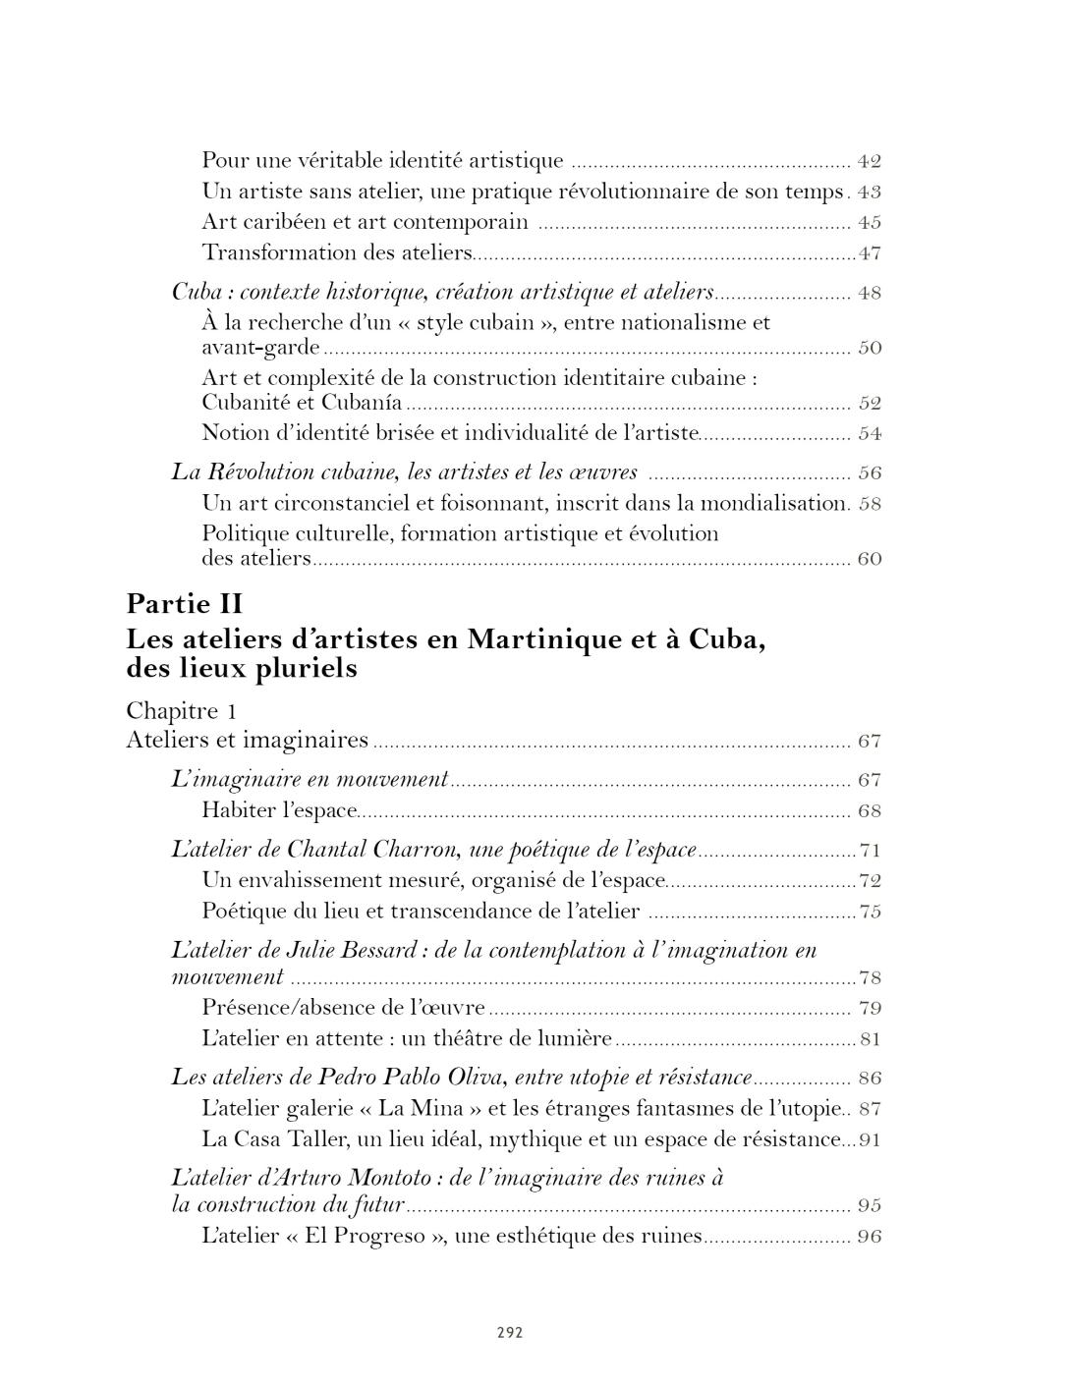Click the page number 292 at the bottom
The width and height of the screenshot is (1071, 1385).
509,1333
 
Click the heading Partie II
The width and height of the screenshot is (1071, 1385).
185,603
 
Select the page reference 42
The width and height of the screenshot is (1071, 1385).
870,161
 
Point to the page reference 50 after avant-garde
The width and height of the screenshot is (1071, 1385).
870,348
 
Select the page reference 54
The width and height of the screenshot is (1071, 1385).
870,433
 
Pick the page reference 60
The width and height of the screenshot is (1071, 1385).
870,559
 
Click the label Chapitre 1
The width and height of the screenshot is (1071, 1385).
182,710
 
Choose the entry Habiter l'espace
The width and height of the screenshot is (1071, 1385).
279,811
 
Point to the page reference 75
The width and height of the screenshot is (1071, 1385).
870,912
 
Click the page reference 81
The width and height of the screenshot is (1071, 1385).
870,1039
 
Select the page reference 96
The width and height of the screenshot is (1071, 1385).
870,1237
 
